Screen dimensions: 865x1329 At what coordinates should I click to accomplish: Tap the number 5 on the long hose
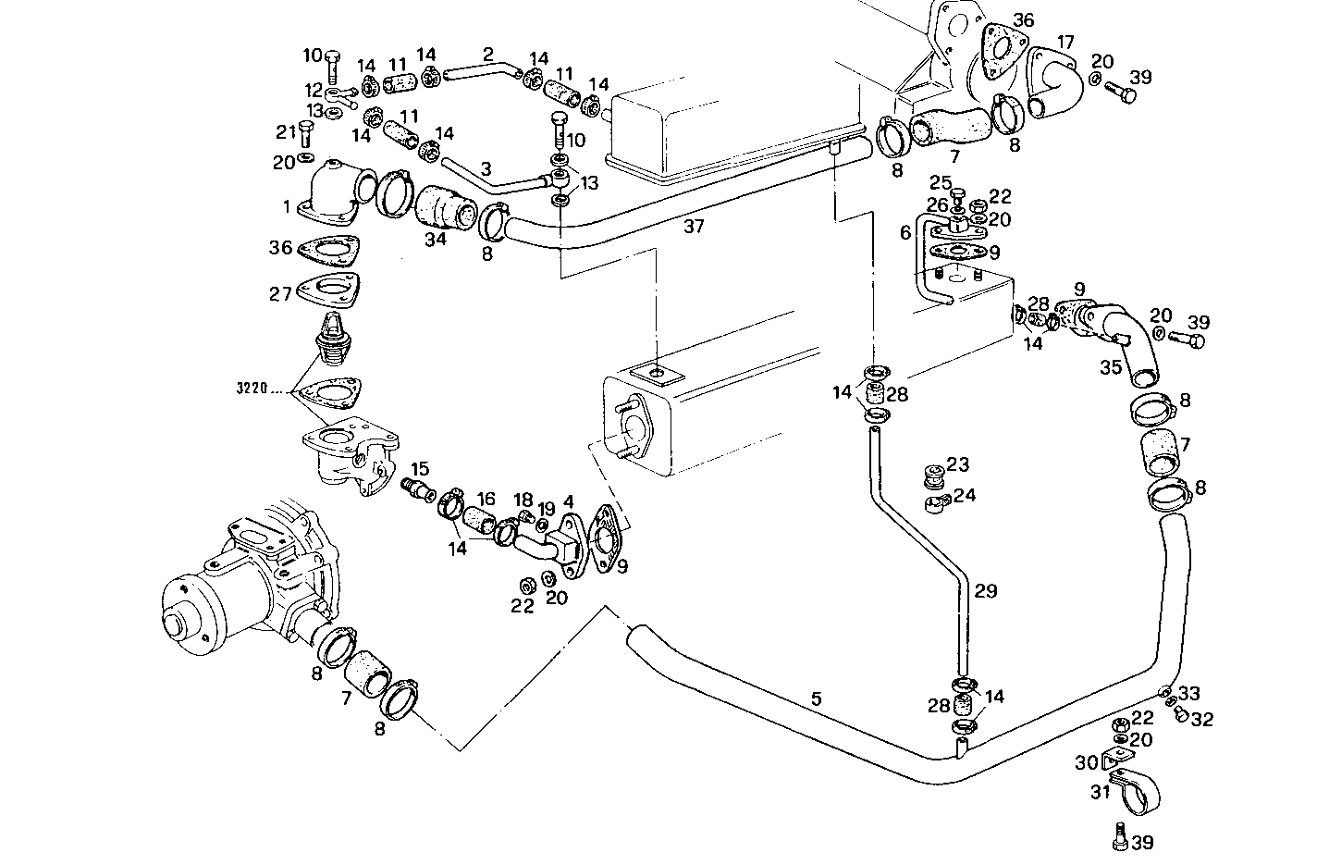(815, 698)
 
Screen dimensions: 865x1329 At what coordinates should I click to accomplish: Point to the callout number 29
(986, 590)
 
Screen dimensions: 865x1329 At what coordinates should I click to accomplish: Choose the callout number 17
(1065, 43)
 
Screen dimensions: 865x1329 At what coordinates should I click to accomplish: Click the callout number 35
(1111, 366)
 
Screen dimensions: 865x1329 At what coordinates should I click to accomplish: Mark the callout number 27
(280, 293)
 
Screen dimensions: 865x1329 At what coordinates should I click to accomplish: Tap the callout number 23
(957, 463)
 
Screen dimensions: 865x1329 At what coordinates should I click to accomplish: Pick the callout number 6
(905, 234)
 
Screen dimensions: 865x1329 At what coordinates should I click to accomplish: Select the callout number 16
(485, 499)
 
